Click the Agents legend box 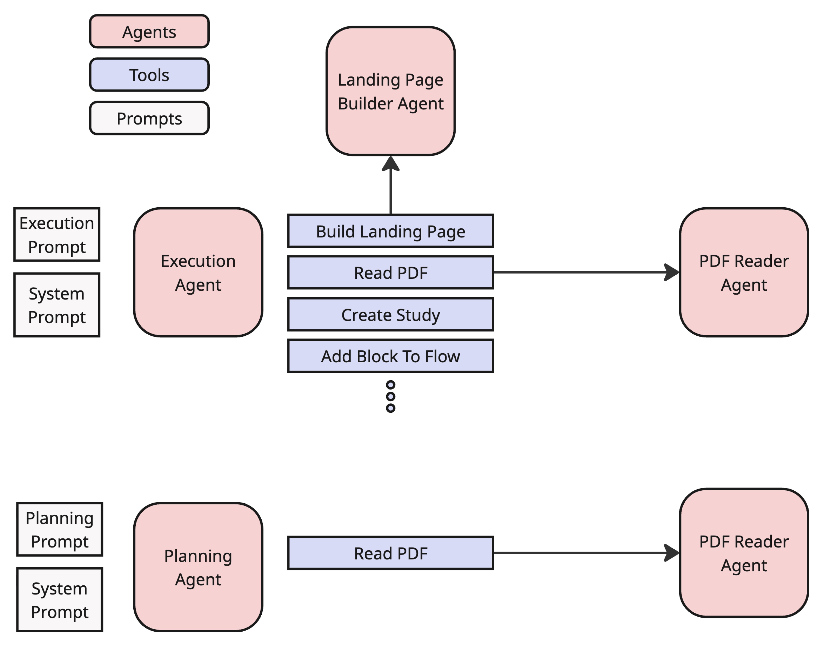pos(149,31)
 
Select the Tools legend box pos(149,75)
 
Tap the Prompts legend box pos(149,118)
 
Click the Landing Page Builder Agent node pos(390,91)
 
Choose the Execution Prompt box pos(57,235)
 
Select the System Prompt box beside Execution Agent pos(57,305)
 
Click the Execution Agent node pos(198,272)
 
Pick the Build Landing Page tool pos(390,231)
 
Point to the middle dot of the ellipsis pos(390,396)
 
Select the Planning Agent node pos(198,567)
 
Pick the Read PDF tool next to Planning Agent pos(390,553)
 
